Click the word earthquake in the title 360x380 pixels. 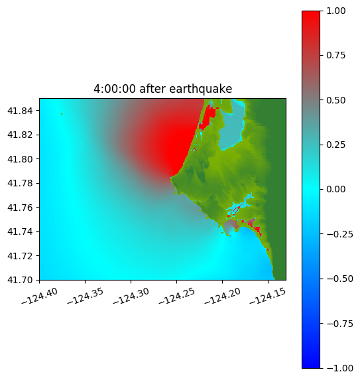[200, 89]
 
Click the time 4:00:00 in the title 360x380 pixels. [114, 89]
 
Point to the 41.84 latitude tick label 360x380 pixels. [20, 111]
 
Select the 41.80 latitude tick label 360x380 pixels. [20, 159]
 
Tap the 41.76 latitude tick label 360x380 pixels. [20, 208]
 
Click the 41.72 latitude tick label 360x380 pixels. [20, 256]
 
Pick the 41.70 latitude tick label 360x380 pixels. [20, 280]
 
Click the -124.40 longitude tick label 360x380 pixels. [40, 296]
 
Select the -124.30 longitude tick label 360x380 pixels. [131, 296]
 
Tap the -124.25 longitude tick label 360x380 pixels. [177, 296]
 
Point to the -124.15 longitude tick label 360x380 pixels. [268, 296]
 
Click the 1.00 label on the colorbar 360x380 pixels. [335, 11]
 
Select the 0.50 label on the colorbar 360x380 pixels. [335, 100]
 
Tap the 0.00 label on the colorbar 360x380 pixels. [335, 190]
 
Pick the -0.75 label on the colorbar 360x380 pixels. [339, 324]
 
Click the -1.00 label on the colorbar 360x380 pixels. [339, 368]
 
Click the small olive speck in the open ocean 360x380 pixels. [62, 113]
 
